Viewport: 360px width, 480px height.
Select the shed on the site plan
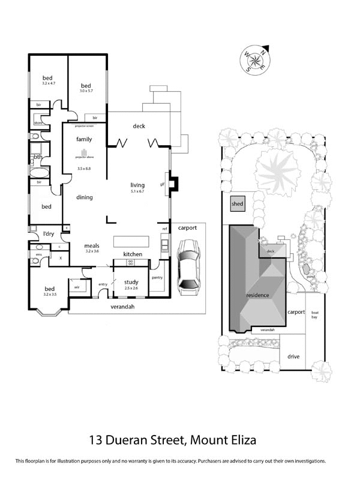point(238,204)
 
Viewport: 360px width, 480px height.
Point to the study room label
point(131,282)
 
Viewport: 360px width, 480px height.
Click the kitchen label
point(133,254)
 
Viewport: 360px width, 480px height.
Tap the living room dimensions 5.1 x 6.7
point(138,191)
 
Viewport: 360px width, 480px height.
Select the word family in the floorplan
point(84,139)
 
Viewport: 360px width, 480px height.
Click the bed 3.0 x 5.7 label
point(86,89)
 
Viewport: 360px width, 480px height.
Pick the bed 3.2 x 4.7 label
point(47,80)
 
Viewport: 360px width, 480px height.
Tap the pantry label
point(157,278)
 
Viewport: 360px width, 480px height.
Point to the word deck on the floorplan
point(139,126)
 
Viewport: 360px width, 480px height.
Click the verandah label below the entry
point(122,307)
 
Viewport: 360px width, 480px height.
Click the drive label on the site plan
point(293,356)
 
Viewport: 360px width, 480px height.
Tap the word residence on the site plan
point(257,295)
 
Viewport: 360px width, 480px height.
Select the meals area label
point(91,246)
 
